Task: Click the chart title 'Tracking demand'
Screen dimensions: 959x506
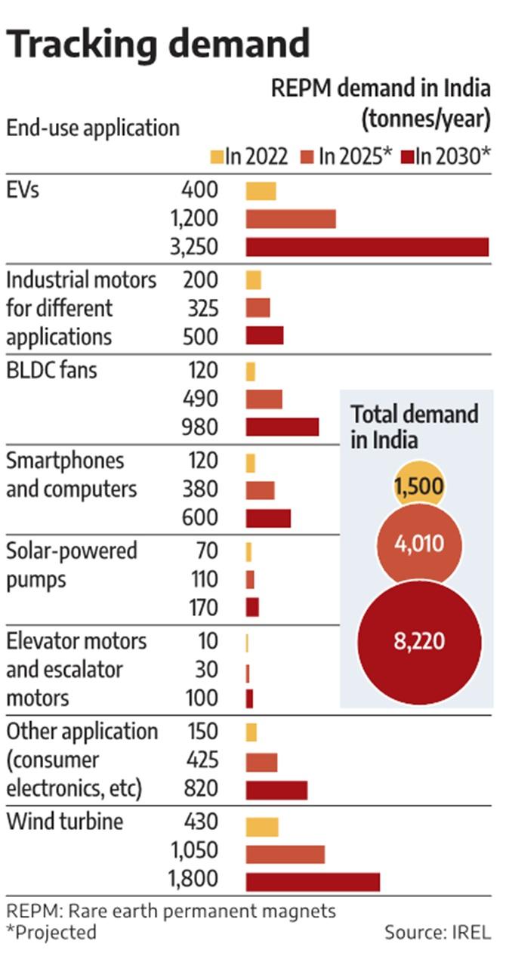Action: pos(158,43)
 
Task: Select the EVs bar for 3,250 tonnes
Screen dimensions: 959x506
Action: pos(367,247)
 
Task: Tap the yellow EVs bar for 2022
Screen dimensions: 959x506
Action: pos(261,190)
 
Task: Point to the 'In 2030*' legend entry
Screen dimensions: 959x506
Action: pos(446,156)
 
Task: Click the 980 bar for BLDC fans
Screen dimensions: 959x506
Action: pos(282,427)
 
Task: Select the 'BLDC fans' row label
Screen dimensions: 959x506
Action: pos(51,371)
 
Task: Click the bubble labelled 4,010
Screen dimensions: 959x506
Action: pos(418,544)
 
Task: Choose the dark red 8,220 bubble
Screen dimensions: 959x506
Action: pos(418,642)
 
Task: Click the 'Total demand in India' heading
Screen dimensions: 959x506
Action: pos(415,426)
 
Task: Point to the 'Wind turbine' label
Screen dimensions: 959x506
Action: pos(64,822)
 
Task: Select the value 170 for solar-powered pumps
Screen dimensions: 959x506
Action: pos(204,608)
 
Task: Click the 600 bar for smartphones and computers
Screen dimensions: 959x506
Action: pos(268,518)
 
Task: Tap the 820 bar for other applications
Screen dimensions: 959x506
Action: pos(276,790)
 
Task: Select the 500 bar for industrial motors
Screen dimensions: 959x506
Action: pos(264,335)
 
